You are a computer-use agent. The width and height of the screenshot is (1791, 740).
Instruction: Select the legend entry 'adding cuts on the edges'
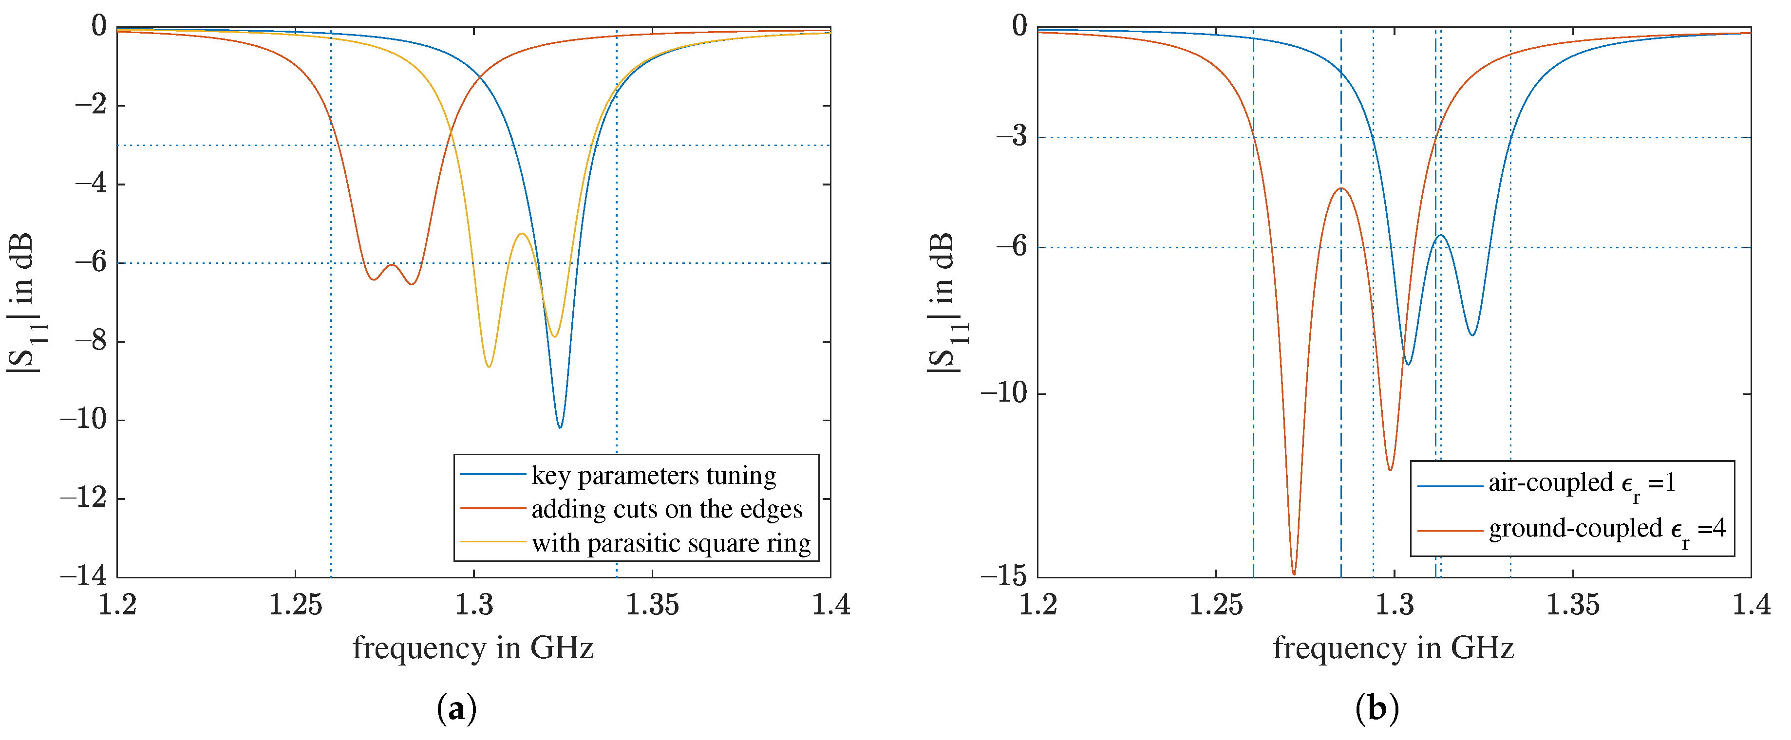(666, 509)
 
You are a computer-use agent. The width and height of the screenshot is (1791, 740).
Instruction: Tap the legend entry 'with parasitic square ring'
(670, 543)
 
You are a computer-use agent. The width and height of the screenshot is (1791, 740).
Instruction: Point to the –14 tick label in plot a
(83, 576)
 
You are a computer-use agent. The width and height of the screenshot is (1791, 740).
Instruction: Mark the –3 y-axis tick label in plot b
(1012, 136)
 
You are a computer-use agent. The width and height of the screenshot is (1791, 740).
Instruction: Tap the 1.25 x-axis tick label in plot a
(296, 605)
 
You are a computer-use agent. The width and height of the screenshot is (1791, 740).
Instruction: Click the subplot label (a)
(456, 709)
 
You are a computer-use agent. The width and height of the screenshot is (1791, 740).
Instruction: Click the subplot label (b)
(1376, 709)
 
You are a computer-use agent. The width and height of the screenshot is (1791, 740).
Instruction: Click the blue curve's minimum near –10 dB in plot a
(560, 426)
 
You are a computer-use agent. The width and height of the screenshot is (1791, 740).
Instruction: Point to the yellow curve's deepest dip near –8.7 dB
(490, 366)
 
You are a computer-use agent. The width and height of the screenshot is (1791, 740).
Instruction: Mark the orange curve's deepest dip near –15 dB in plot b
(1294, 573)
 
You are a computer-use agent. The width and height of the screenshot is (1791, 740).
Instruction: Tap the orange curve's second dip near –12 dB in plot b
(1390, 470)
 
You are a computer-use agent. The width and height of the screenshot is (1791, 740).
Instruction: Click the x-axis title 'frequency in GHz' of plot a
(473, 648)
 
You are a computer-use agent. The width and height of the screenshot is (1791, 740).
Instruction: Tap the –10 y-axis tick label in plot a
(83, 419)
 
